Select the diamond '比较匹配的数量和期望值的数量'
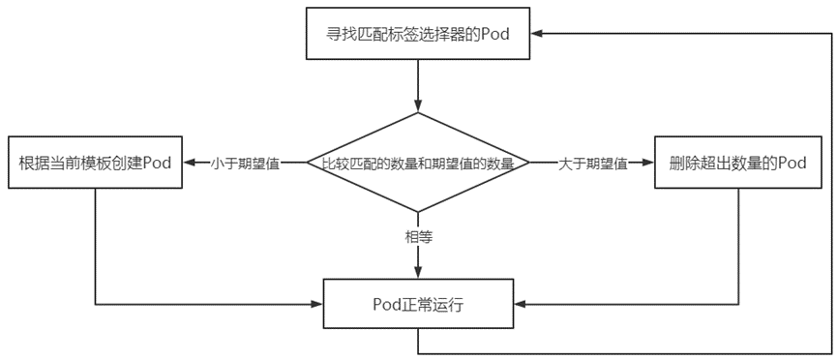click(x=418, y=163)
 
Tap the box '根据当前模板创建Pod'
click(x=95, y=163)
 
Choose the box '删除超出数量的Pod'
click(x=737, y=163)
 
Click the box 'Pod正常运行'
click(x=418, y=305)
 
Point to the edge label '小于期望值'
click(x=245, y=164)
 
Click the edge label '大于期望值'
click(x=592, y=164)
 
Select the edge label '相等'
click(x=418, y=235)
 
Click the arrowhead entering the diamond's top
click(x=418, y=106)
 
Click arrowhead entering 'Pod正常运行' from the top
click(x=418, y=274)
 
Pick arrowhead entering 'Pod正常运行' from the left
click(x=315, y=305)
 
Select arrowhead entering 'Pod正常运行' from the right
click(x=521, y=305)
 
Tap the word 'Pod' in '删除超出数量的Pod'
click(x=792, y=163)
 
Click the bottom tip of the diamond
click(x=418, y=211)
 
